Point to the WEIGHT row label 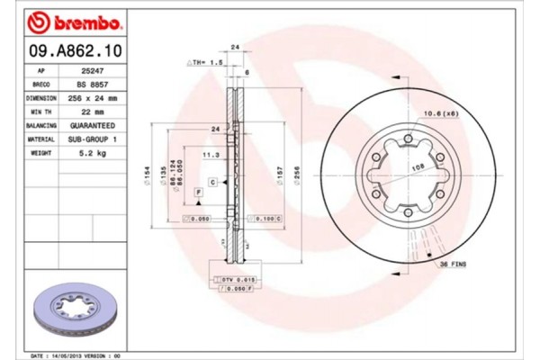click(40, 154)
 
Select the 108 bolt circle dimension click(417, 167)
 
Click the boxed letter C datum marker click(211, 183)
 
